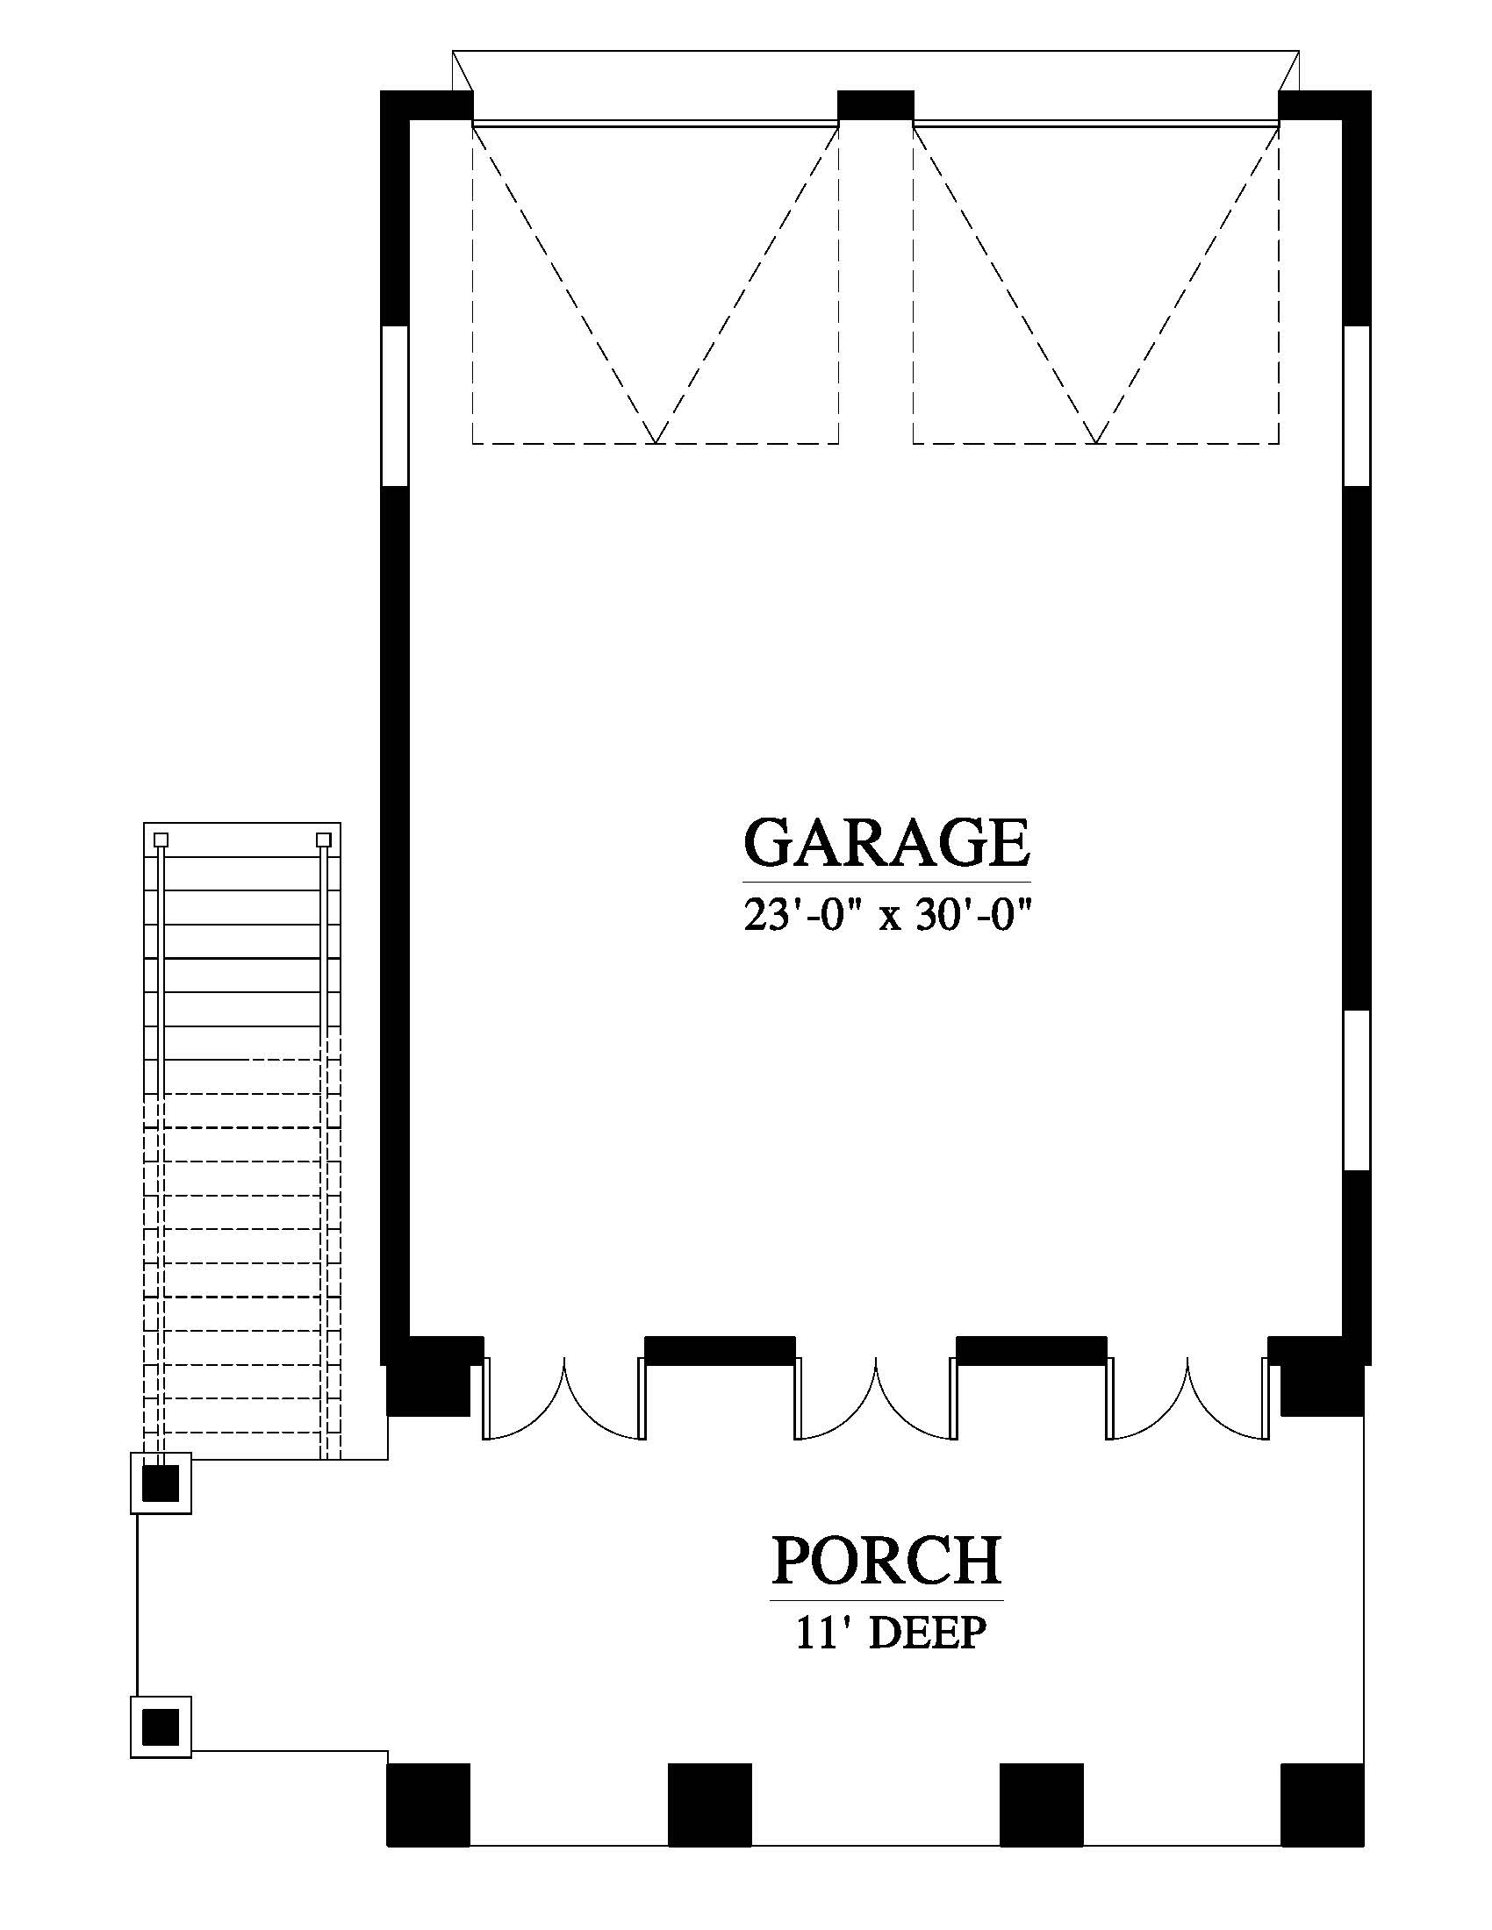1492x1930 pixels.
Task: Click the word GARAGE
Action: (x=886, y=842)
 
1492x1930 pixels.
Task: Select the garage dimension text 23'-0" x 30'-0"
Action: (x=887, y=917)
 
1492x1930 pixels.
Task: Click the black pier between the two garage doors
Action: (x=875, y=105)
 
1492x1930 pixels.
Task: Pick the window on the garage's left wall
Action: (x=395, y=405)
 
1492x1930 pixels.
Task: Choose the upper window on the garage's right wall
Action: (x=1357, y=405)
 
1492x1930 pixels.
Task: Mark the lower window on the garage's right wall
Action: (x=1357, y=1090)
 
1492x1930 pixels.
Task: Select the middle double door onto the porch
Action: (x=876, y=1399)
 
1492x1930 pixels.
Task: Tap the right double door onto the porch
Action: (x=1187, y=1399)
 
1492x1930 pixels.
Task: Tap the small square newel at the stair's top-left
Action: (x=160, y=840)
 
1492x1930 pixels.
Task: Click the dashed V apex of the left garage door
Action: (x=655, y=442)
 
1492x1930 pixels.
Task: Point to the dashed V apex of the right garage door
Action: (x=1096, y=442)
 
